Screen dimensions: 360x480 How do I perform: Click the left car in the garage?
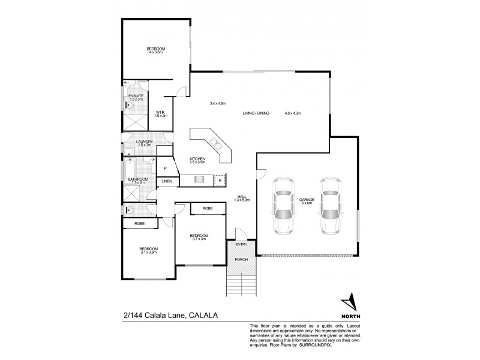[282, 206]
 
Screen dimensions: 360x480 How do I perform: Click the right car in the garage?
[331, 206]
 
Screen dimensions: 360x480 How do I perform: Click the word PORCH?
[242, 259]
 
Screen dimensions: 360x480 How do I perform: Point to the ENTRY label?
[241, 244]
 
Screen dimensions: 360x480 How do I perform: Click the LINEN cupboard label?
[167, 181]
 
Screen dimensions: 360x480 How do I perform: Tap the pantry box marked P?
[164, 168]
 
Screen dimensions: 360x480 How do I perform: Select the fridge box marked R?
[220, 180]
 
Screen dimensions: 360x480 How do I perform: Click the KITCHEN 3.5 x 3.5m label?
[197, 160]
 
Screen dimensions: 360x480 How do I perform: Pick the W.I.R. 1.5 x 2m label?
[160, 114]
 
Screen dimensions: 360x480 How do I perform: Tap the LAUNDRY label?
[144, 143]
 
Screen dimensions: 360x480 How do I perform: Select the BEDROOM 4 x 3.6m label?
[156, 50]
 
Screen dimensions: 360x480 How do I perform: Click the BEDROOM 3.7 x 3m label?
[199, 237]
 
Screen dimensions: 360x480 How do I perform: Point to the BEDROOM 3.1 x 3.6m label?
[148, 250]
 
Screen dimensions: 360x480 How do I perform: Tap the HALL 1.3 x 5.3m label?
[242, 198]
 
